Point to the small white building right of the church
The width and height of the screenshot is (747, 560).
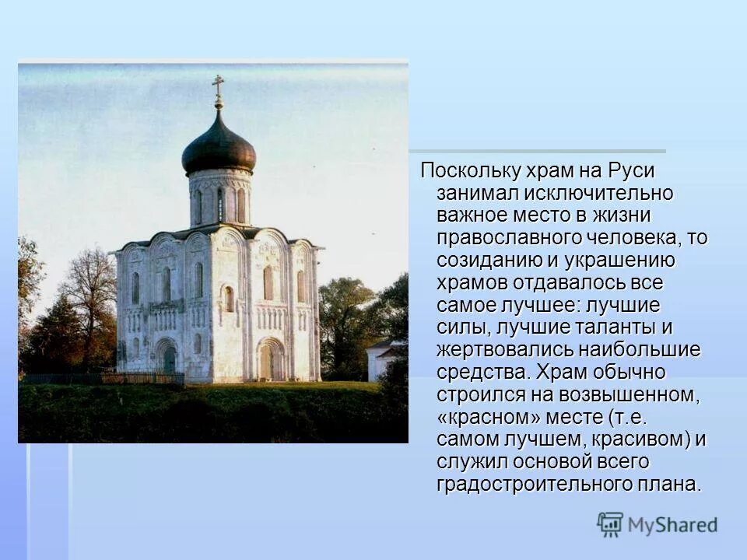383,359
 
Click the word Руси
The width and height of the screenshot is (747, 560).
631,170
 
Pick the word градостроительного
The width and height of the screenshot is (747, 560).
538,484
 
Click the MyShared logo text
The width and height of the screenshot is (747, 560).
672,525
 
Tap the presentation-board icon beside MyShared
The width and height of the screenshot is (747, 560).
610,524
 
